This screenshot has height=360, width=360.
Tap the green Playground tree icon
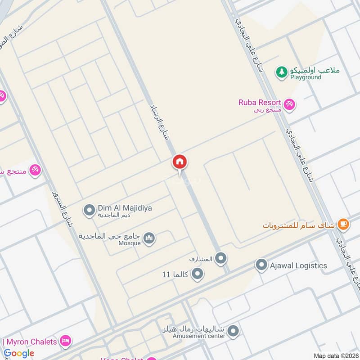[x=282, y=72]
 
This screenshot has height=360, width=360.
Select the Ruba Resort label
[x=260, y=103]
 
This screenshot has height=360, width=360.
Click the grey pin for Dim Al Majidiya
[x=89, y=209]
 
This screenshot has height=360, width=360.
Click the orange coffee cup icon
[x=343, y=224]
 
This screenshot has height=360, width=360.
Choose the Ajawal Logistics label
[x=298, y=265]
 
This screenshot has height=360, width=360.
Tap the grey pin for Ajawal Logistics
[x=261, y=265]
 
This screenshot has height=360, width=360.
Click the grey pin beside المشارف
[x=220, y=258]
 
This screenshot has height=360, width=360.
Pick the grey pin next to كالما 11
[x=197, y=274]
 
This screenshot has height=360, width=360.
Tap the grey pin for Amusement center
[x=233, y=332]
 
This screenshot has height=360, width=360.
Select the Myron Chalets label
[x=31, y=342]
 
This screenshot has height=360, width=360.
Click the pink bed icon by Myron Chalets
[x=66, y=340]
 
